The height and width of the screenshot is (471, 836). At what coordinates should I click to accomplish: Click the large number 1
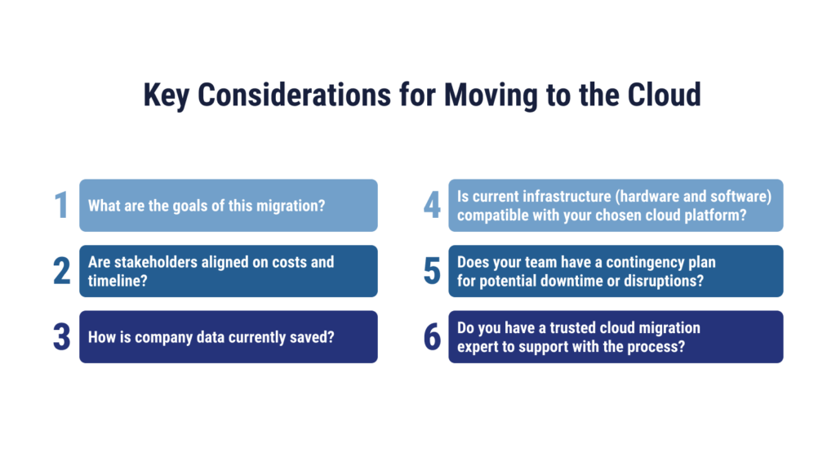[62, 205]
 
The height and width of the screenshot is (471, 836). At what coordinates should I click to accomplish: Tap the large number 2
[62, 271]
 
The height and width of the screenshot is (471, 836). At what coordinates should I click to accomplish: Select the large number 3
[62, 337]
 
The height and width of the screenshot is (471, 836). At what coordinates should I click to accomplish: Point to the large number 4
[433, 205]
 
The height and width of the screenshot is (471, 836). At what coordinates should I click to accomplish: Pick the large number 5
[433, 271]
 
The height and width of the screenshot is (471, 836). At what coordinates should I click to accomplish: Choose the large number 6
[433, 337]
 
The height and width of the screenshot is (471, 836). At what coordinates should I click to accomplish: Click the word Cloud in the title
[664, 95]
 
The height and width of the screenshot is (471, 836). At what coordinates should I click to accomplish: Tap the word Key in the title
[166, 96]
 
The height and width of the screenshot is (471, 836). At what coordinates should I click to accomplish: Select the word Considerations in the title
[294, 95]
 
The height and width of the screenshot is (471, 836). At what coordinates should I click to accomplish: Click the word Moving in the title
[491, 96]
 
